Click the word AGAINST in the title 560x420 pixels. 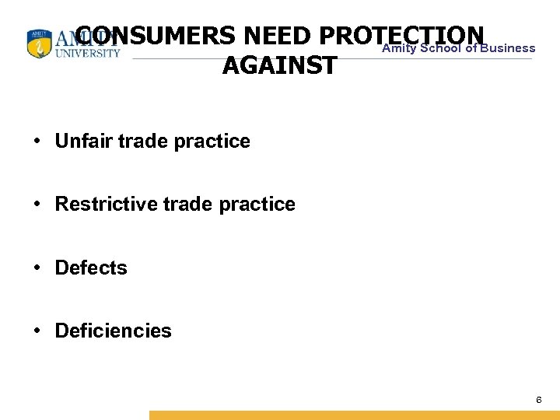280,66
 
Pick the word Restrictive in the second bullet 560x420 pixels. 103,205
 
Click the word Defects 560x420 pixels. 91,268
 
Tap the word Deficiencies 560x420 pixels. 114,331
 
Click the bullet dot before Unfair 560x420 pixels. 37,142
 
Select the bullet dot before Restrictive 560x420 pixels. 37,205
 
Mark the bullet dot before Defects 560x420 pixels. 37,268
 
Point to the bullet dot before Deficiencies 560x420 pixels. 37,331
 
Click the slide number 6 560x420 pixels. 538,400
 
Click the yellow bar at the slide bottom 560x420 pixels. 354,415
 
